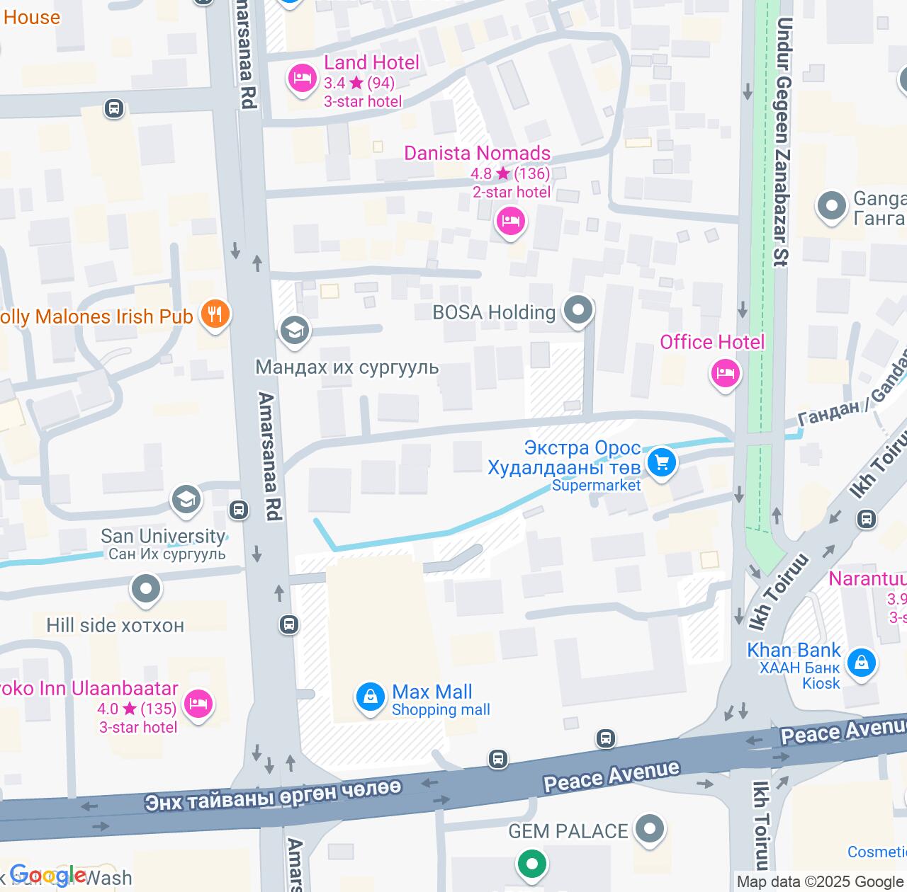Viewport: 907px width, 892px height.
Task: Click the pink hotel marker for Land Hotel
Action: point(303,78)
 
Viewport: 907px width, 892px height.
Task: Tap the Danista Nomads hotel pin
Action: point(510,222)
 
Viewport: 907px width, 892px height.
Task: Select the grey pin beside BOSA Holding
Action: point(578,310)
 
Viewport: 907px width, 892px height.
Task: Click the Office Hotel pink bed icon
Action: point(726,372)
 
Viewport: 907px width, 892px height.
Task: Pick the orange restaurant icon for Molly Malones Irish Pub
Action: point(215,314)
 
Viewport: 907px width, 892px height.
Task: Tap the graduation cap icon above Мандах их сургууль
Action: point(294,330)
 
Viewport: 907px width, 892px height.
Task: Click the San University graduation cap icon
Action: point(186,501)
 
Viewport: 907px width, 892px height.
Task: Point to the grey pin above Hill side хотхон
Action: point(146,589)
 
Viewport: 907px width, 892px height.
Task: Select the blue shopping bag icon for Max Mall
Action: point(370,697)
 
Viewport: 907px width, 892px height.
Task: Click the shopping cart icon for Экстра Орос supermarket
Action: point(662,463)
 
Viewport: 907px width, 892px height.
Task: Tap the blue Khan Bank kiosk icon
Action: point(862,663)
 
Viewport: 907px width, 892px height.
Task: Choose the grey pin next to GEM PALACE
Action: point(650,829)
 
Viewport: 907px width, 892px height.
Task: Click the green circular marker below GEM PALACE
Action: point(531,864)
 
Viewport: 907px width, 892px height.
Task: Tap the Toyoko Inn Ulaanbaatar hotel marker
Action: point(198,704)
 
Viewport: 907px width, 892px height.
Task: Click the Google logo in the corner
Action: point(47,876)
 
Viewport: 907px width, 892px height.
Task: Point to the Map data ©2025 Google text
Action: point(820,882)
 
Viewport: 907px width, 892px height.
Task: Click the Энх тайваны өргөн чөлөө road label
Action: point(273,795)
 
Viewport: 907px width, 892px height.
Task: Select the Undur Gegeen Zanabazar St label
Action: point(782,142)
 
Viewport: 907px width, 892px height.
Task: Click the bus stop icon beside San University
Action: point(239,510)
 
